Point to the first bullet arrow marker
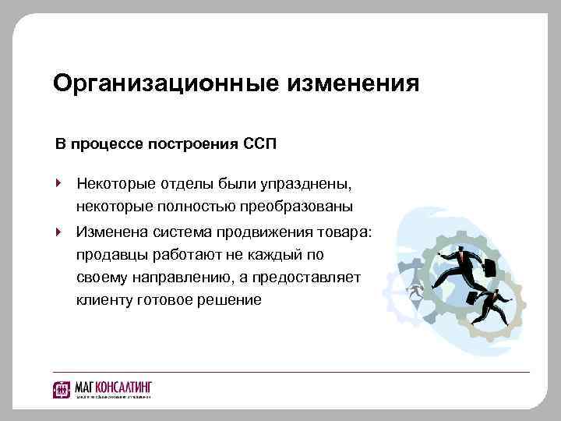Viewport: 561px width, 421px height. tap(58, 185)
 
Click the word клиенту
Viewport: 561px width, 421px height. tap(104, 299)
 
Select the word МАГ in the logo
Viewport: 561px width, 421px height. tap(83, 387)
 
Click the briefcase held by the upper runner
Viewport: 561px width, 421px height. tap(491, 268)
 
